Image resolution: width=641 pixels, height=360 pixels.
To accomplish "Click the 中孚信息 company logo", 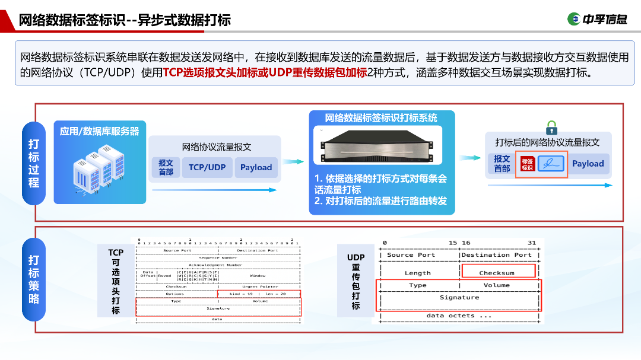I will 597,19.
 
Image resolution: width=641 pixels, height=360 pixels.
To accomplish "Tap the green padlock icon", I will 551,127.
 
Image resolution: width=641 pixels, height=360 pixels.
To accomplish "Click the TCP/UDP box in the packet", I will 207,167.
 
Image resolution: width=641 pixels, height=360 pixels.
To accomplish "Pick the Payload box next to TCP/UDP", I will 256,167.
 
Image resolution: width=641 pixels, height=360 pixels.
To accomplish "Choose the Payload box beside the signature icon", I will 588,164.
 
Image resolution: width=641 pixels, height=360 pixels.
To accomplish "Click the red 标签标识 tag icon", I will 527,164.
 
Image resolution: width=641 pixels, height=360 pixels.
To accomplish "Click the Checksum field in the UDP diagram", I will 497,273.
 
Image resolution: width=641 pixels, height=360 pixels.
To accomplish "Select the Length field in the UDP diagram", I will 418,273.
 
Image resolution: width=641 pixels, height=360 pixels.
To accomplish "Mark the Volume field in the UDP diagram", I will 497,285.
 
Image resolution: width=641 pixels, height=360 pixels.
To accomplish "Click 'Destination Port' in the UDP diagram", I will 497,255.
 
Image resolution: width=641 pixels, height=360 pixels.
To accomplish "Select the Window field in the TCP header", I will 258,276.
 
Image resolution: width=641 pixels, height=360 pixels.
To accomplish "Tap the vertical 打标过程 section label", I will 34,164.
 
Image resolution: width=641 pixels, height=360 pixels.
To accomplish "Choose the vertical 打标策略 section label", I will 34,279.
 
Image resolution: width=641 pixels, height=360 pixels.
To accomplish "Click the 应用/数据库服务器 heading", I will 100,131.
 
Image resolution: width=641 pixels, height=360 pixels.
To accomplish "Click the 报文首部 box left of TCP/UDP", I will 166,167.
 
